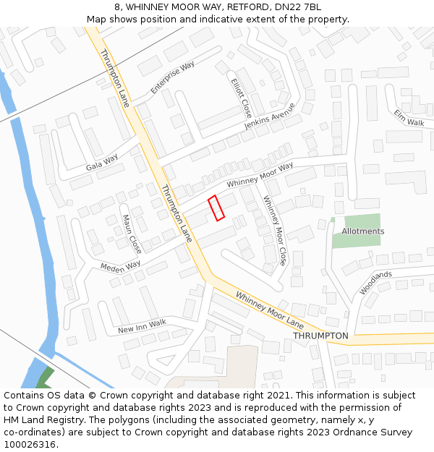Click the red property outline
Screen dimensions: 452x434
coord(216,208)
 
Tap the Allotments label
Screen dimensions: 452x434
coord(363,231)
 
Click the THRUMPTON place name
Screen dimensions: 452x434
coord(320,336)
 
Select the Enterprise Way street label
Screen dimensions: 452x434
coord(173,78)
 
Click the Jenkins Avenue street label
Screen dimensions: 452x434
coord(270,116)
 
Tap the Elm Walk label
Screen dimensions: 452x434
coord(409,118)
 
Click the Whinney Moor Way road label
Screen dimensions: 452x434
coord(260,176)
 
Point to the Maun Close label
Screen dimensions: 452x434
coord(132,233)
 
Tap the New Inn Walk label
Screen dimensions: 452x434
coord(142,327)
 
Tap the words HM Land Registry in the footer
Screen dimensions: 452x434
coord(39,420)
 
